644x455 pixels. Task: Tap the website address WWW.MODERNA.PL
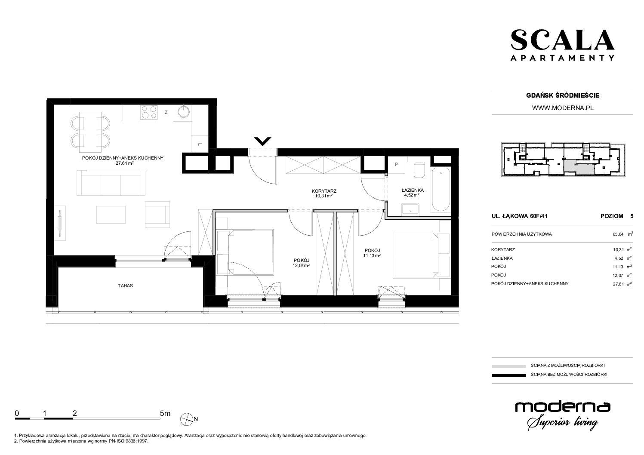coord(563,108)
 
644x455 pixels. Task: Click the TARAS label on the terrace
coord(125,286)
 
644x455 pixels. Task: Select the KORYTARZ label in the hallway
coord(324,191)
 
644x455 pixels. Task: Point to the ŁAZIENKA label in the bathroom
coord(413,190)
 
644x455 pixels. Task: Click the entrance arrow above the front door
coord(262,141)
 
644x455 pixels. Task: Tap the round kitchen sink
coord(184,111)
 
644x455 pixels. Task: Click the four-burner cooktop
coord(149,112)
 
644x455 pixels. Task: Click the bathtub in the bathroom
coord(441,190)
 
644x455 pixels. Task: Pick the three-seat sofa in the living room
coord(111,183)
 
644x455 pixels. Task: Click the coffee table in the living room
coord(111,215)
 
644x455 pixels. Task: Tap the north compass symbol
coord(186,419)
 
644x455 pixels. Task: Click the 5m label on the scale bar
coord(165,413)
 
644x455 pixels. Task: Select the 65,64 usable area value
coord(618,234)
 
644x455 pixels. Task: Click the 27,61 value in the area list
coord(618,284)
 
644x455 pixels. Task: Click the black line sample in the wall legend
coord(509,375)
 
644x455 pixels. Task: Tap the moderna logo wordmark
coord(563,408)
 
